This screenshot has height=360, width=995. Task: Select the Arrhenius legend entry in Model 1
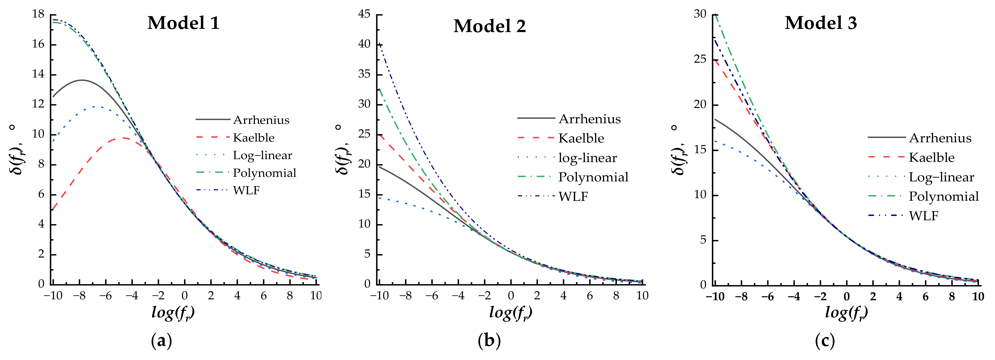(261, 120)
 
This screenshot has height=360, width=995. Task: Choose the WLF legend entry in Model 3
(924, 216)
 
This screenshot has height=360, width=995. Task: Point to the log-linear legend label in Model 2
(587, 158)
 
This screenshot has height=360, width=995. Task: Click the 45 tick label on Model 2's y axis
(364, 14)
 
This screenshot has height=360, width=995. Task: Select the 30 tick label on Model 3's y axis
(700, 14)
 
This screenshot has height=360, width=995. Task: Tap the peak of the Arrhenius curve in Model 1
(82, 80)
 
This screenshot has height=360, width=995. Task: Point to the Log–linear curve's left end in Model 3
(715, 141)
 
